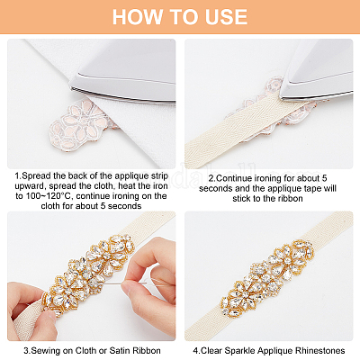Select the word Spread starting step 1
point(37,175)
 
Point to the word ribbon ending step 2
point(289,198)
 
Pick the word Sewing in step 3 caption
point(46,350)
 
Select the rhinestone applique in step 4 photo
point(267,278)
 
